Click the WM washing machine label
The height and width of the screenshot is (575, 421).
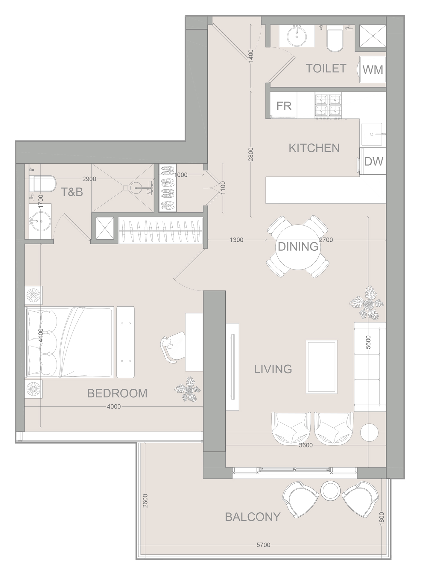click(x=373, y=70)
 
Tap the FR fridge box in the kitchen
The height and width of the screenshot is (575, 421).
click(x=284, y=106)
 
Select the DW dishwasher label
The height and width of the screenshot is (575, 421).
click(x=374, y=161)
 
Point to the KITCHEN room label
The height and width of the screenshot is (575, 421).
click(x=314, y=148)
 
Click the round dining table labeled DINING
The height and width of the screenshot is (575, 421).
click(x=298, y=246)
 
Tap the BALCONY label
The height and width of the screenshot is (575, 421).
click(x=253, y=517)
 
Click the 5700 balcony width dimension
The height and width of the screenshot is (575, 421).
click(x=263, y=545)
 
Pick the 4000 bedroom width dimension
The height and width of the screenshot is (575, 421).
click(x=114, y=406)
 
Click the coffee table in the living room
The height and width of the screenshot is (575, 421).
click(x=321, y=367)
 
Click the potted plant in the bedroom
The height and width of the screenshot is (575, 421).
click(x=188, y=390)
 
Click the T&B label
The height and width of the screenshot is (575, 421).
click(x=72, y=192)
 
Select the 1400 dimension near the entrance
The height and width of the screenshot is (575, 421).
click(x=251, y=55)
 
